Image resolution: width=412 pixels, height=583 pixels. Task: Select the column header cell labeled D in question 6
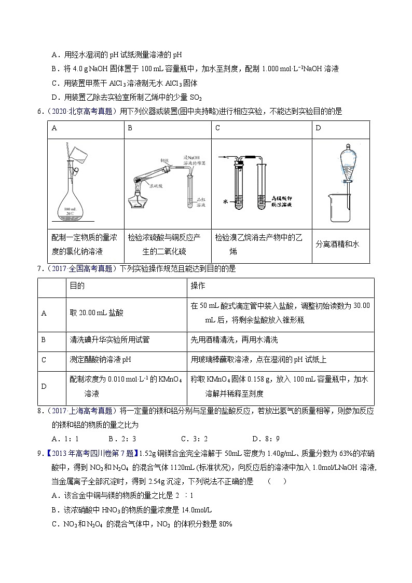(x=318, y=128)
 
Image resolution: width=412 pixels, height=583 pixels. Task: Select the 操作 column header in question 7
(x=198, y=286)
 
